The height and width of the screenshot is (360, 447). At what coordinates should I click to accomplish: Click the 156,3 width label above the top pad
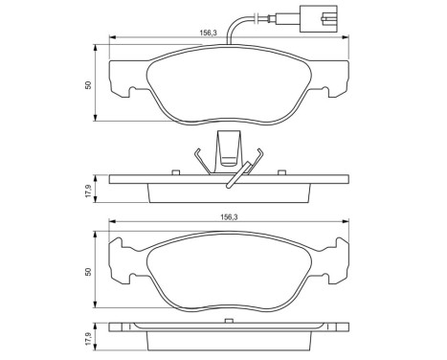(206, 32)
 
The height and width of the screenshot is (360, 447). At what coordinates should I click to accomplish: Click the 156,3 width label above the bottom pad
(206, 217)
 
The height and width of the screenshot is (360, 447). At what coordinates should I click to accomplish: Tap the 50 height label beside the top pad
(88, 84)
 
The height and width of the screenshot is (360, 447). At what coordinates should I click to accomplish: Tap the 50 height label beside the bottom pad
(88, 272)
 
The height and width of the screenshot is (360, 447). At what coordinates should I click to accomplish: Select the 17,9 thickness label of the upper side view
(88, 189)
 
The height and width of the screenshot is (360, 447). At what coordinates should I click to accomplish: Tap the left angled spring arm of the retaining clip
(199, 160)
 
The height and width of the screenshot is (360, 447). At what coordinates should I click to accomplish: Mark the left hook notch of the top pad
(125, 92)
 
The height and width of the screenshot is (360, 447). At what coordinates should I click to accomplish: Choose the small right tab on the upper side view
(279, 171)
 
